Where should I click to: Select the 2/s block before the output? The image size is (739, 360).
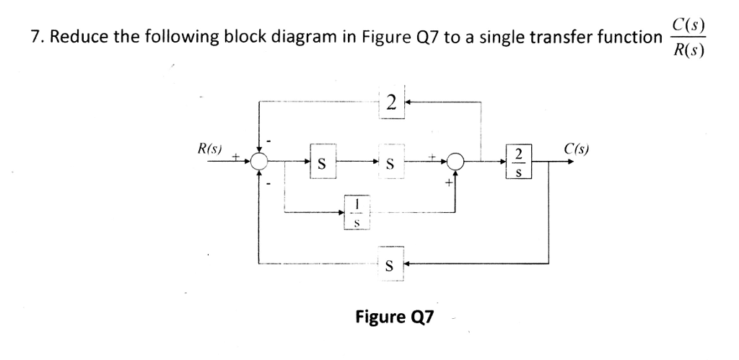[518, 162]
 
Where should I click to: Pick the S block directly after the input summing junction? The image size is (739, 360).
[323, 162]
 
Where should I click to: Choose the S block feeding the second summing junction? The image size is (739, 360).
[390, 162]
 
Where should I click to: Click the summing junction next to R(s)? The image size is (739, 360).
[259, 162]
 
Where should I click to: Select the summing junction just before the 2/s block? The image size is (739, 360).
[455, 162]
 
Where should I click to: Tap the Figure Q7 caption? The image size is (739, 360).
[393, 316]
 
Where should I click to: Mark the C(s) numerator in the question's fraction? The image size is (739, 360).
[688, 24]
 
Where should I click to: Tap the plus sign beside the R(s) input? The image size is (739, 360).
[235, 154]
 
